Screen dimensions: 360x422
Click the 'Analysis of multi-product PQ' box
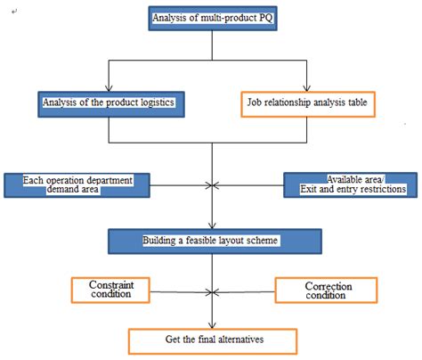(211, 19)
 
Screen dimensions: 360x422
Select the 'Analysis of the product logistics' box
(109, 103)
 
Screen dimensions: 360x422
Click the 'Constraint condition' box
(110, 290)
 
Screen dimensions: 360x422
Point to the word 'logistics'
(150, 103)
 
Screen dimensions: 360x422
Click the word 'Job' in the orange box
(253, 103)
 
